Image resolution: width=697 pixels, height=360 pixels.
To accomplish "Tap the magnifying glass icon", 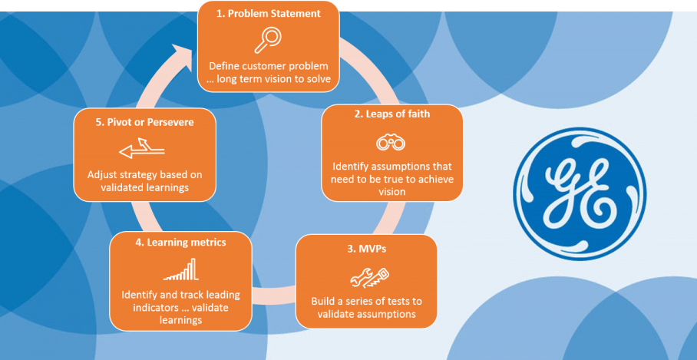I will tap(267, 38).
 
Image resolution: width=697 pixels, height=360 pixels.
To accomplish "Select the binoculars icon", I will tap(391, 142).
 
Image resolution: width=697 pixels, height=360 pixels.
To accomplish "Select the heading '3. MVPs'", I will tap(366, 249).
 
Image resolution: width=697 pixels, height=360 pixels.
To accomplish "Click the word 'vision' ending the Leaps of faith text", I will tap(391, 192).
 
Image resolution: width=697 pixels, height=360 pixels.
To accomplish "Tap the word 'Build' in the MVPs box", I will tap(323, 301).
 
